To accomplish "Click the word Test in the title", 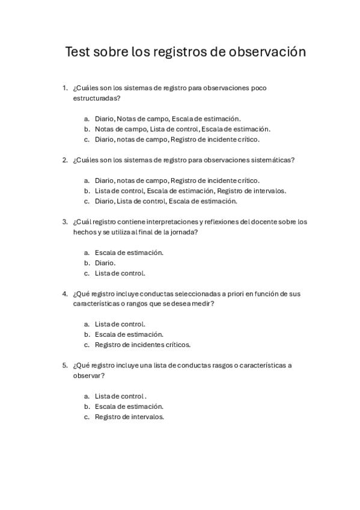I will [x=78, y=53].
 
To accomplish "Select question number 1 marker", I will [x=65, y=88].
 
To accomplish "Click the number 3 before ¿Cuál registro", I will [x=65, y=221].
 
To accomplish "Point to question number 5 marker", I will [x=65, y=365].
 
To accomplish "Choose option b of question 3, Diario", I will [x=105, y=263].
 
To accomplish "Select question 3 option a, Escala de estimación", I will [x=129, y=253].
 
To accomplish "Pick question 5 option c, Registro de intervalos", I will [x=129, y=417].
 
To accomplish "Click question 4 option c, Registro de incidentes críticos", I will [x=142, y=345].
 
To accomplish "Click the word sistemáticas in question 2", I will [x=271, y=160].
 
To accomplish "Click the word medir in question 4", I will [x=204, y=304].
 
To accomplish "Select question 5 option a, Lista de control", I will [x=120, y=396].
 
